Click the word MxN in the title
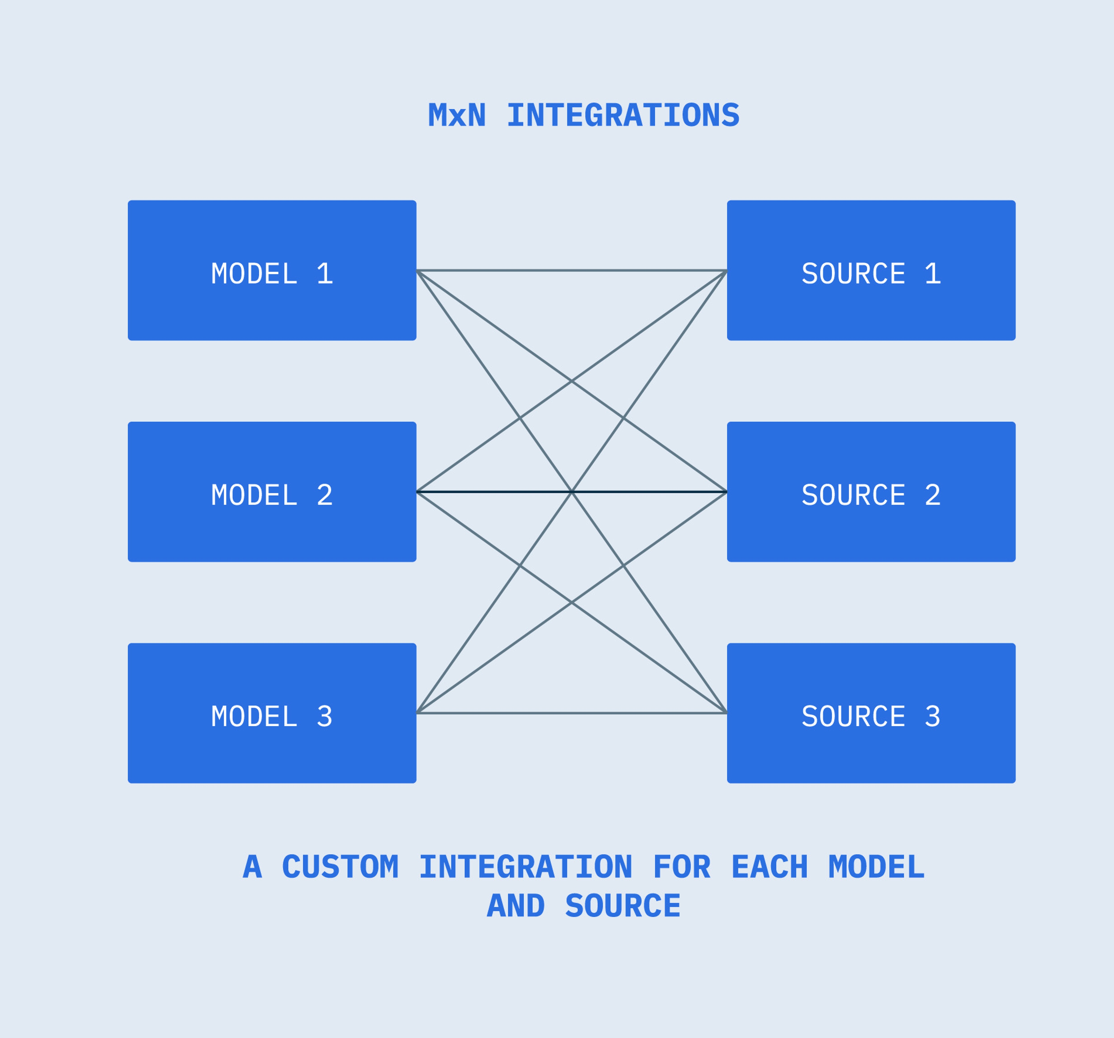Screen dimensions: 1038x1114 [x=457, y=115]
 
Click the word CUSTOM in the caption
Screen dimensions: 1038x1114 [x=340, y=867]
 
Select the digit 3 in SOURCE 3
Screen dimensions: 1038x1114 [x=932, y=716]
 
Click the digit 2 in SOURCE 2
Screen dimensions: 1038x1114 [x=932, y=495]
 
